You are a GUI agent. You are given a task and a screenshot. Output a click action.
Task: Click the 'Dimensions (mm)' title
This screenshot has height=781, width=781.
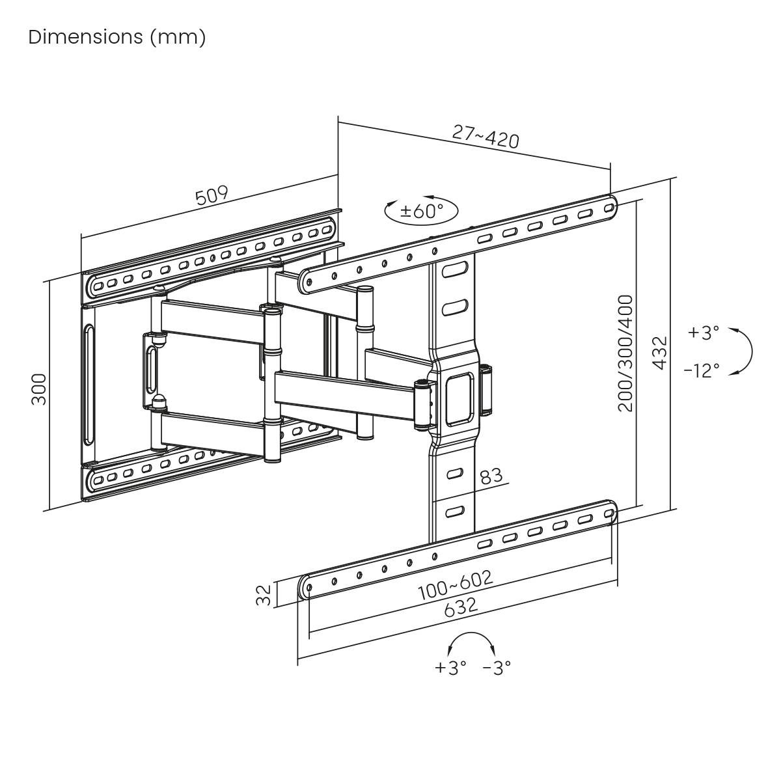point(117,37)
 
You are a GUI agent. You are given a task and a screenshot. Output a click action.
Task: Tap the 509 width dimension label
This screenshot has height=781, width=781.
point(212,195)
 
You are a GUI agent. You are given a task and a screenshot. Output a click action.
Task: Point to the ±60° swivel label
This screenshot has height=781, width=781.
point(422,211)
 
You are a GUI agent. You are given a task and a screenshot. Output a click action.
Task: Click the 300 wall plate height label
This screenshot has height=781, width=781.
point(40,389)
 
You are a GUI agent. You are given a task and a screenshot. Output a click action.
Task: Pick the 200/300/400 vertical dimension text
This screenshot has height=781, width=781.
point(625,353)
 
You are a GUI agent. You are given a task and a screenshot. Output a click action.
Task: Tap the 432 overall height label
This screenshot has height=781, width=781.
point(660,353)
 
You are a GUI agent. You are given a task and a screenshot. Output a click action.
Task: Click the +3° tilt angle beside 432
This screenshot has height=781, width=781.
point(704,333)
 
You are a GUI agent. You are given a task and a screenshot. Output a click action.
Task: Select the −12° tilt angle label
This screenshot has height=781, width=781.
point(702,370)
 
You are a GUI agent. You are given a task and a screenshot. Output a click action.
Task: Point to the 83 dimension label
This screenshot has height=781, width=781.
point(491,476)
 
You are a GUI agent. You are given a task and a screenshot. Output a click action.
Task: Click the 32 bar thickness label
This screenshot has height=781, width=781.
point(264,594)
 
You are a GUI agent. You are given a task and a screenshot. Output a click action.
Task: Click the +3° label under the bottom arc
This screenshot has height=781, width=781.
point(451,667)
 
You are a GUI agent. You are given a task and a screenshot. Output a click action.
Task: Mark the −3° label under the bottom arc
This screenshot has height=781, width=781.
point(497,667)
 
